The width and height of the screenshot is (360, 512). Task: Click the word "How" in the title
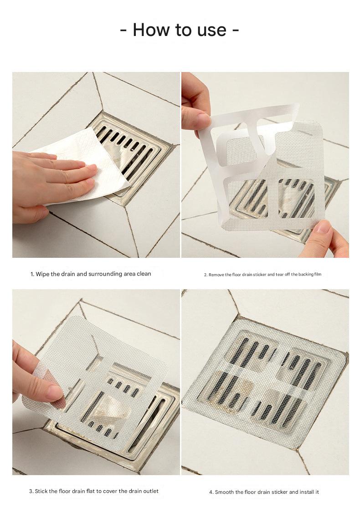[151, 30]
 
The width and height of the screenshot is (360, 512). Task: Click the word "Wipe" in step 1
[42, 274]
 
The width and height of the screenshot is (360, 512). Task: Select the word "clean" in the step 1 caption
[144, 274]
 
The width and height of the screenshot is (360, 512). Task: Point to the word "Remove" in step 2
[216, 275]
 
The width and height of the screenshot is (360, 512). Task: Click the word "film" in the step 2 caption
[318, 274]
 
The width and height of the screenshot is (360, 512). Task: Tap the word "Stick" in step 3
[41, 491]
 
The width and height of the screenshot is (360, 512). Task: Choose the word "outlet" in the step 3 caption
[150, 491]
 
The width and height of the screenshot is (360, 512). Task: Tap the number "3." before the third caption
[31, 491]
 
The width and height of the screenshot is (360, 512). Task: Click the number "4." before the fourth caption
[211, 492]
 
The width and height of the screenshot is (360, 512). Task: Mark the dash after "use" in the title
[236, 31]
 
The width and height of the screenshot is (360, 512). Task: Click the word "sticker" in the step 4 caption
[278, 492]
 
